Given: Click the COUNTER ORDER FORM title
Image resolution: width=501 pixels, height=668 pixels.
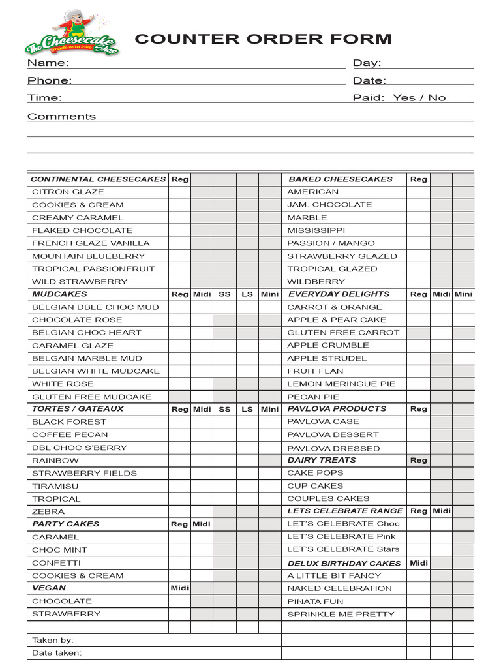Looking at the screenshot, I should point(263,39).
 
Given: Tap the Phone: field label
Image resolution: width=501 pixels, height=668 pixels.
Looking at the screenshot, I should point(50,80).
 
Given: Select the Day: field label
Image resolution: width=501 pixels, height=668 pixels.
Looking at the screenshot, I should point(367,63).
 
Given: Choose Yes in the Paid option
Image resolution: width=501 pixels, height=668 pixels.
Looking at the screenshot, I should point(404,98).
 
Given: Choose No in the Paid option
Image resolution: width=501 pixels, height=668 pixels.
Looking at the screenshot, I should point(437,98).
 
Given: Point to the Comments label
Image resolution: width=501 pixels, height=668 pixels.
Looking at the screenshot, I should point(61,117).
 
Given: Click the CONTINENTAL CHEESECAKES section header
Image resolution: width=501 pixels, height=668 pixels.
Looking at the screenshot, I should point(98,179).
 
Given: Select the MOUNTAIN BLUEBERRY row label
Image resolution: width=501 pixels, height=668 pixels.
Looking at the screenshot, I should point(88,256).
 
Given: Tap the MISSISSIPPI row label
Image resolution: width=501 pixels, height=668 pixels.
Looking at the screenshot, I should point(316,230).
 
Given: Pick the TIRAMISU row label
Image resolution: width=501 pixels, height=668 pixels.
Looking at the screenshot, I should point(55,486).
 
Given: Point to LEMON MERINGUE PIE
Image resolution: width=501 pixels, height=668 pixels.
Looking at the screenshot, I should point(341,384).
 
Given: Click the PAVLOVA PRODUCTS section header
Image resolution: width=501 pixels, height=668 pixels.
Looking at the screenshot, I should point(337,409).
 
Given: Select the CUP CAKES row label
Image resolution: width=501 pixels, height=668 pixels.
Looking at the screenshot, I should point(315,486).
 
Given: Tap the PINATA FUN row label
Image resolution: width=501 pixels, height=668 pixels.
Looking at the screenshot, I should point(315,601).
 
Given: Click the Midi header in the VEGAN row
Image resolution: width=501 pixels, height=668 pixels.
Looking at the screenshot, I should point(179,588).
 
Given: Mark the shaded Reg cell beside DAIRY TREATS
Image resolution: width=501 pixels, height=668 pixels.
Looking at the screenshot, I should point(419,461).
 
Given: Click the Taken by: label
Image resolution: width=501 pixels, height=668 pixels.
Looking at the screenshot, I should point(53,641).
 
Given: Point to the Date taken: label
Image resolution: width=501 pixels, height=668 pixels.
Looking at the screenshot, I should point(57,653).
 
